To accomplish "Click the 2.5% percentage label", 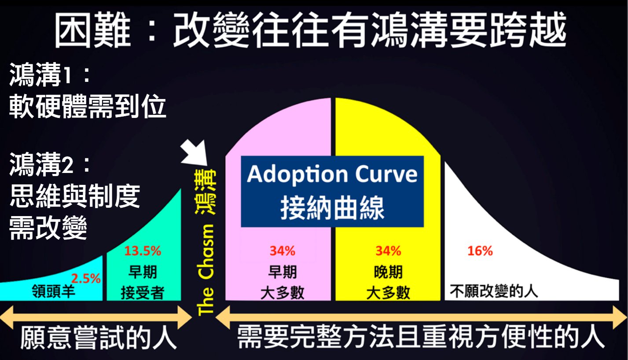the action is tap(86, 279).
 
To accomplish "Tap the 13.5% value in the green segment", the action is tap(143, 251).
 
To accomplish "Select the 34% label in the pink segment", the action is tap(283, 251).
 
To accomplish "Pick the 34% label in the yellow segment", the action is tap(388, 251).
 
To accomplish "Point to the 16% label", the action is tap(480, 251).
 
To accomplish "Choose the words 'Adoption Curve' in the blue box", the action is tap(332, 174).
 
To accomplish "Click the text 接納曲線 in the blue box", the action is tap(332, 208).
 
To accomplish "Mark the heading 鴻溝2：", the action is tap(50, 165).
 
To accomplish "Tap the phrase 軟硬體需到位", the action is tap(88, 107).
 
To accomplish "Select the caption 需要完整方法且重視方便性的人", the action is tap(421, 337).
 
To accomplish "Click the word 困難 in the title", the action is tap(92, 30).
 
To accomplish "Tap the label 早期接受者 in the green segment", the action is tap(143, 283).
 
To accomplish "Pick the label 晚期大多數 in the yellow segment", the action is tap(388, 283).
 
